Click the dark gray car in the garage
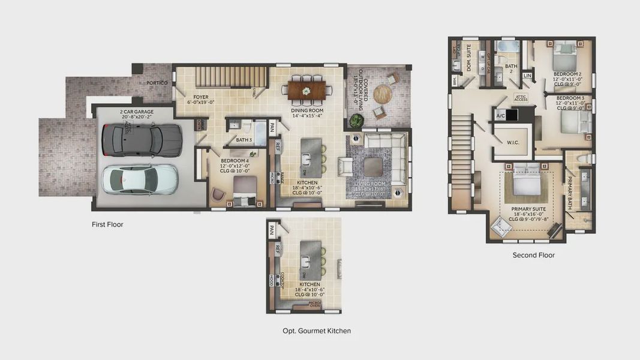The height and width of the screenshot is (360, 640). pyautogui.click(x=133, y=139)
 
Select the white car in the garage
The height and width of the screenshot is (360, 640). pyautogui.click(x=140, y=179)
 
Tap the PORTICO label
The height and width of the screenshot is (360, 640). pyautogui.click(x=157, y=82)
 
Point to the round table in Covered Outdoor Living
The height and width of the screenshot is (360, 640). pyautogui.click(x=383, y=94)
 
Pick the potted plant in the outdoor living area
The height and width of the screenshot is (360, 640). pyautogui.click(x=357, y=121)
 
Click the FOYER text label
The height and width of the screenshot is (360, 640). pyautogui.click(x=200, y=97)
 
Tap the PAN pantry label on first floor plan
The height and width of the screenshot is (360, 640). pyautogui.click(x=272, y=127)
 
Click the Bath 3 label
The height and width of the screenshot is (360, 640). pyautogui.click(x=244, y=140)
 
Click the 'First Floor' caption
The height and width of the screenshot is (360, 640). pyautogui.click(x=107, y=224)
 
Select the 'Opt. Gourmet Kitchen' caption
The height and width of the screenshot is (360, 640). pyautogui.click(x=316, y=331)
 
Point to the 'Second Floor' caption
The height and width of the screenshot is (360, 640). pyautogui.click(x=533, y=255)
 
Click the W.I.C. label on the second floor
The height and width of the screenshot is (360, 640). pyautogui.click(x=512, y=143)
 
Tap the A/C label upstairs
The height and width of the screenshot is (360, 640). pyautogui.click(x=500, y=115)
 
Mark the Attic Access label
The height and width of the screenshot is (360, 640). pyautogui.click(x=521, y=98)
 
